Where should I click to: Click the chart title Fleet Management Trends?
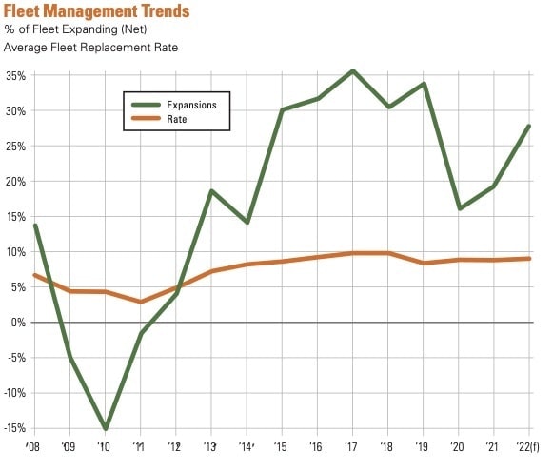tap(96, 11)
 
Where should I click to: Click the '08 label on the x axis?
tap(34, 446)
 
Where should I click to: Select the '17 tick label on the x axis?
tap(352, 446)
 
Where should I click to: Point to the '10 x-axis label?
tap(105, 446)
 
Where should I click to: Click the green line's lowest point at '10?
tap(105, 428)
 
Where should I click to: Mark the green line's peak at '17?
tap(353, 70)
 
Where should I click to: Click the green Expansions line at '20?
tap(459, 208)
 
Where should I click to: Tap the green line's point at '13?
tap(211, 191)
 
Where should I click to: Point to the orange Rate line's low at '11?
tap(141, 302)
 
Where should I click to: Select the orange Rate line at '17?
tap(353, 253)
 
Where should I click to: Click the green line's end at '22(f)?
tap(529, 126)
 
